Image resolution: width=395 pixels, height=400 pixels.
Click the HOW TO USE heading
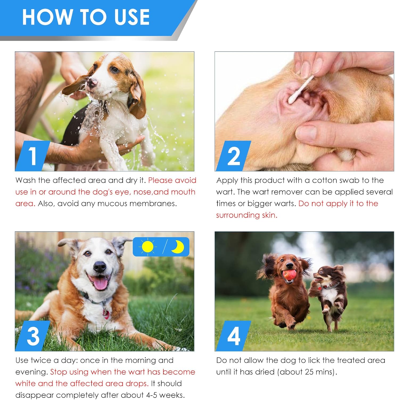[86, 17]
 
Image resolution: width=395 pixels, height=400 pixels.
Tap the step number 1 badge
[32, 156]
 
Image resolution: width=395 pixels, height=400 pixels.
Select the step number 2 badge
[233, 156]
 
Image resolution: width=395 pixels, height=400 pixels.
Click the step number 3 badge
[33, 336]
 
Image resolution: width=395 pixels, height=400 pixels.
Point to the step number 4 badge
[233, 336]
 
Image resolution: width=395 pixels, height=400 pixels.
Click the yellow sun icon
[147, 247]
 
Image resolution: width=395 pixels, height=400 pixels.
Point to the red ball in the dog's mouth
[289, 275]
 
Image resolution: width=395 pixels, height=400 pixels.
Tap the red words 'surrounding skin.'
[246, 215]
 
